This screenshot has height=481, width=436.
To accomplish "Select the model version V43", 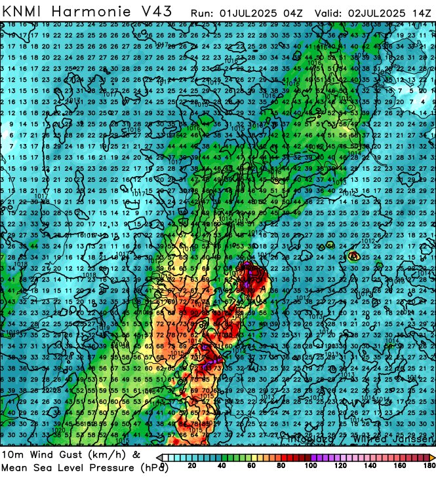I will pyautogui.click(x=157, y=11).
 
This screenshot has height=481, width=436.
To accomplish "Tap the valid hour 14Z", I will pyautogui.click(x=421, y=12).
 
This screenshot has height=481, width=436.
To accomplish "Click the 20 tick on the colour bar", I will pyautogui.click(x=191, y=466).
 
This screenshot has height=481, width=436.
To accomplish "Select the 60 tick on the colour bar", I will pyautogui.click(x=252, y=466).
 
